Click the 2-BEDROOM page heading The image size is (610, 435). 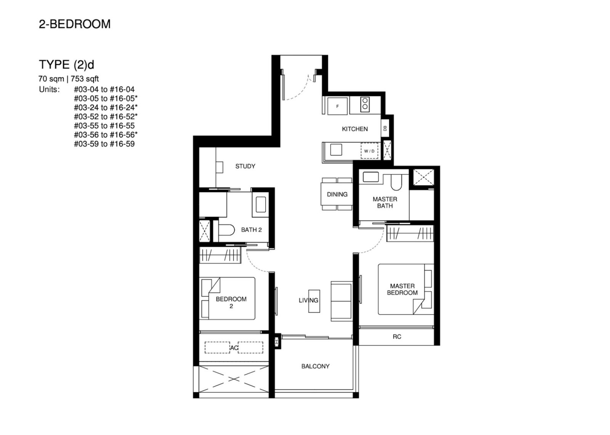click(75, 24)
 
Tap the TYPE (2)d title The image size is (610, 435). click(66, 64)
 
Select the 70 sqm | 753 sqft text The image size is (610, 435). click(69, 79)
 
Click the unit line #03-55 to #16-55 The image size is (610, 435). click(104, 126)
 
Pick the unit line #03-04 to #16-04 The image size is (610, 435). click(104, 89)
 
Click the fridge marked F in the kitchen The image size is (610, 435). click(337, 106)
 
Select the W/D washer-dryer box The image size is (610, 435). click(369, 151)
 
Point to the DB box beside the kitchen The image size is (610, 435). click(385, 128)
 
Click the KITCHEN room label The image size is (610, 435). click(355, 129)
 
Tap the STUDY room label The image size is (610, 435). click(245, 166)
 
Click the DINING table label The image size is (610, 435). click(337, 194)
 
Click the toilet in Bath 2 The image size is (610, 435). click(227, 230)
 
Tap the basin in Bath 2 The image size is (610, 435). click(261, 205)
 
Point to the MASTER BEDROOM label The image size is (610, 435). click(402, 289)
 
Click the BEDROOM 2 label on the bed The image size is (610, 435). click(231, 302)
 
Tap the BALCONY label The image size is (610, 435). click(315, 366)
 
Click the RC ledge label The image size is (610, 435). click(397, 337)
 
